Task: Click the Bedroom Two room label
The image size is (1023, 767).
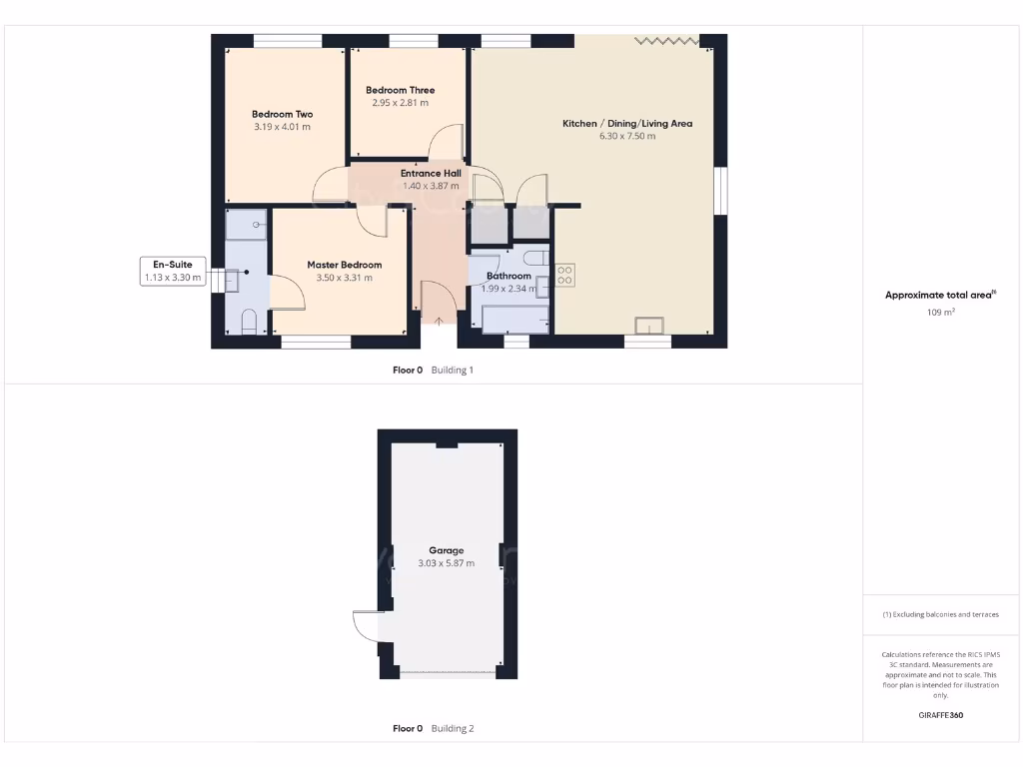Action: coord(282,114)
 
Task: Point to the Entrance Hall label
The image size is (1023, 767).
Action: coord(431,173)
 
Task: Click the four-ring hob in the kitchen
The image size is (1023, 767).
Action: coord(564,275)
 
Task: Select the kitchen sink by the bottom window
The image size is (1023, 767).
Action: coord(650,326)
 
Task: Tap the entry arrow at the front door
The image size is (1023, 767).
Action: coord(440,321)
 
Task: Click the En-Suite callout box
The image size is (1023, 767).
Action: coord(173,271)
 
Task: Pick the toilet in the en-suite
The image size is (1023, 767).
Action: coord(249,322)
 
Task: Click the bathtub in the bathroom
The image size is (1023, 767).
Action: coord(514,319)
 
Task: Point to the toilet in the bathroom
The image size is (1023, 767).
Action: coord(536,260)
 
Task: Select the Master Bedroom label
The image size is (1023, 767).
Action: coord(344,265)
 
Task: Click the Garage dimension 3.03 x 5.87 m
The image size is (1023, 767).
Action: coord(446,563)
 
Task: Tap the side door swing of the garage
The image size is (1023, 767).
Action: coord(366,627)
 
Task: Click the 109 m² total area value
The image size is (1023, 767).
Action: coord(940,313)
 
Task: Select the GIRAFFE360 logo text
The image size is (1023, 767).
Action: coord(940,715)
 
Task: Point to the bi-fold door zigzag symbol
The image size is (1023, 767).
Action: coord(667,40)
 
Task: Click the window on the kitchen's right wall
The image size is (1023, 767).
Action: coord(721,190)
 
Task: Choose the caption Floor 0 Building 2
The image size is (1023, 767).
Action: coord(433,728)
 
